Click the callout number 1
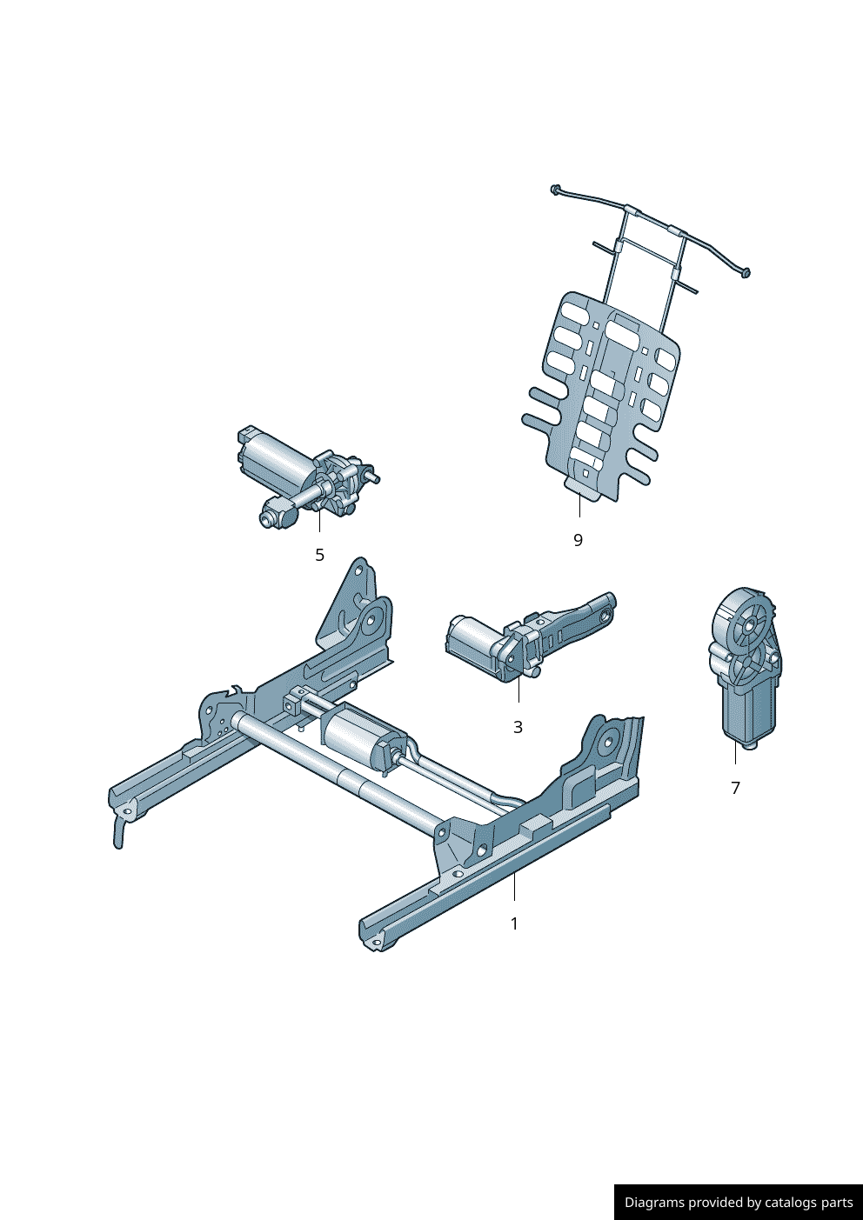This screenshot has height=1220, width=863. (x=514, y=923)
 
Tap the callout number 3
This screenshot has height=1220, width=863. (x=518, y=727)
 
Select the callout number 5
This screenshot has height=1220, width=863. (x=320, y=555)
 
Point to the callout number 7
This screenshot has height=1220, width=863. (x=735, y=788)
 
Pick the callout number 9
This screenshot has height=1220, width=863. (x=578, y=540)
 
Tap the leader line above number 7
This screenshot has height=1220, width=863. (x=735, y=752)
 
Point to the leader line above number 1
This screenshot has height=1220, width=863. (x=514, y=886)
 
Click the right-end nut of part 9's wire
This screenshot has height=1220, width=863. (x=746, y=272)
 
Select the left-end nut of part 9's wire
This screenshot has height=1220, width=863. (x=555, y=189)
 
